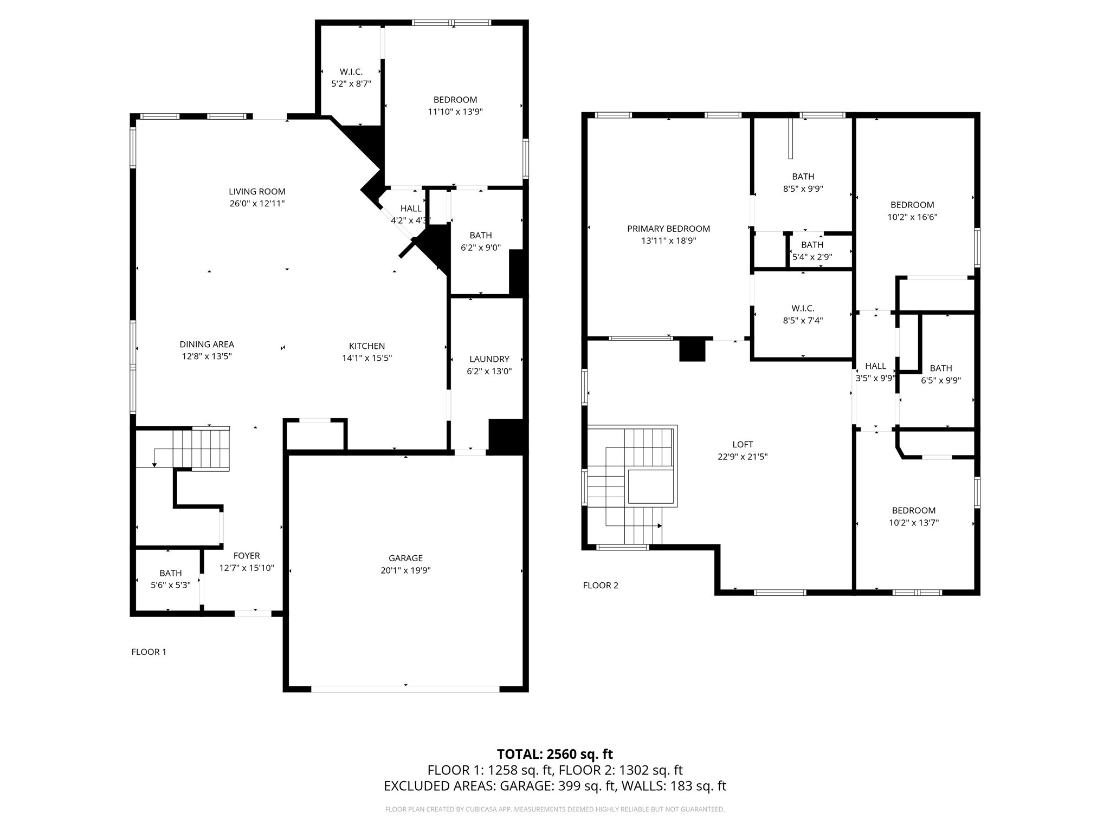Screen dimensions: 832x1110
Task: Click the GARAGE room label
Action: click(405, 558)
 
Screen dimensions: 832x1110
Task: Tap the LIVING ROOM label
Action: click(257, 191)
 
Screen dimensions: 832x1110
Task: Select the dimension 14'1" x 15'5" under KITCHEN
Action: click(367, 358)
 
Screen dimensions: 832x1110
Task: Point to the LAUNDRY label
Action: click(489, 359)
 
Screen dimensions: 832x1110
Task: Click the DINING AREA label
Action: click(206, 344)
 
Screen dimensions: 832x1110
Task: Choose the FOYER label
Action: click(247, 556)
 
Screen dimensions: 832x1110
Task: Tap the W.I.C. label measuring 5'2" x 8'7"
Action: click(351, 71)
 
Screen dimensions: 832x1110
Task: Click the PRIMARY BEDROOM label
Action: click(668, 229)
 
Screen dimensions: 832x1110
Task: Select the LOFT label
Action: click(743, 444)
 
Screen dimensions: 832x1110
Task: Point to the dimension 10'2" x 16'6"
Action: click(912, 217)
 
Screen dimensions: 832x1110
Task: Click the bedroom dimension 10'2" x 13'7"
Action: click(914, 523)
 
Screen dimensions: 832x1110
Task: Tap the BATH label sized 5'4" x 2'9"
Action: click(812, 245)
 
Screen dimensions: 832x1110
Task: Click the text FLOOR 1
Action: click(149, 652)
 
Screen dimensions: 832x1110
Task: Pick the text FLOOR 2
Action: click(600, 585)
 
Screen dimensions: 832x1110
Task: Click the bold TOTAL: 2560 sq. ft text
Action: click(554, 754)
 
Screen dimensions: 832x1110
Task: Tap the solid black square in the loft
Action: click(692, 349)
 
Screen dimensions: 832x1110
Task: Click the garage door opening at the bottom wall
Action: click(405, 689)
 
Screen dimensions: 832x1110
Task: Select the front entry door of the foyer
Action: click(253, 613)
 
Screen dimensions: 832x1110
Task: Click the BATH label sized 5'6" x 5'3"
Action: click(170, 573)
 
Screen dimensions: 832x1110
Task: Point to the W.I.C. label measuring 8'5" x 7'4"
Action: click(803, 308)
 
